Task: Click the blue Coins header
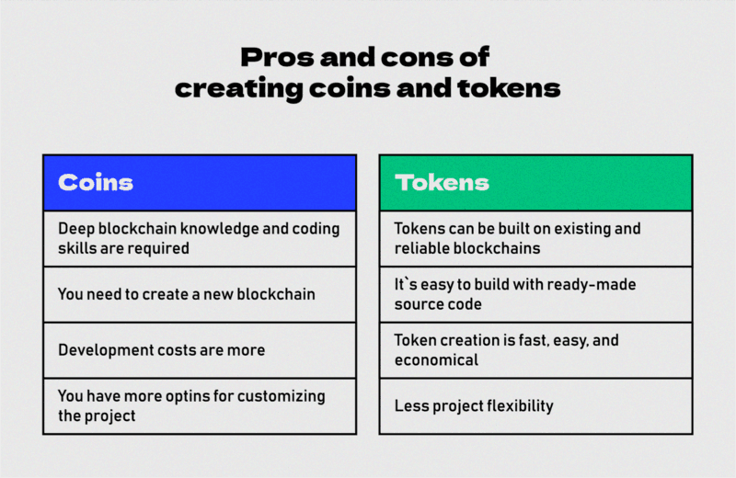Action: click(x=199, y=182)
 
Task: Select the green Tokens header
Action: click(x=535, y=182)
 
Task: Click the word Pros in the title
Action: click(x=270, y=58)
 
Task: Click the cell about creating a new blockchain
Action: click(x=199, y=294)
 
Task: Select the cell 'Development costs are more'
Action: click(x=199, y=350)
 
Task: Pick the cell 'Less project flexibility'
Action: click(x=535, y=405)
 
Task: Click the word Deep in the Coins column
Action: click(x=75, y=228)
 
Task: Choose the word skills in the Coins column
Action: click(x=76, y=248)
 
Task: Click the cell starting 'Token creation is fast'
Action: click(x=535, y=350)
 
